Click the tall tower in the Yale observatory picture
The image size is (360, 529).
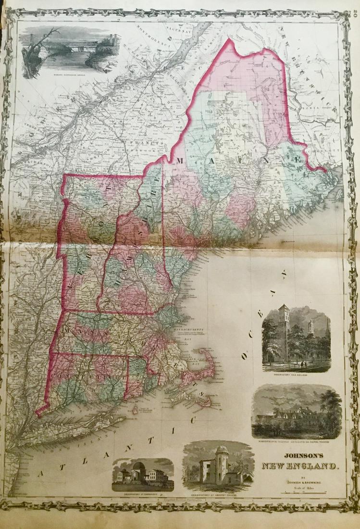283,332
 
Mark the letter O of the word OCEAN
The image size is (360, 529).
245,356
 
